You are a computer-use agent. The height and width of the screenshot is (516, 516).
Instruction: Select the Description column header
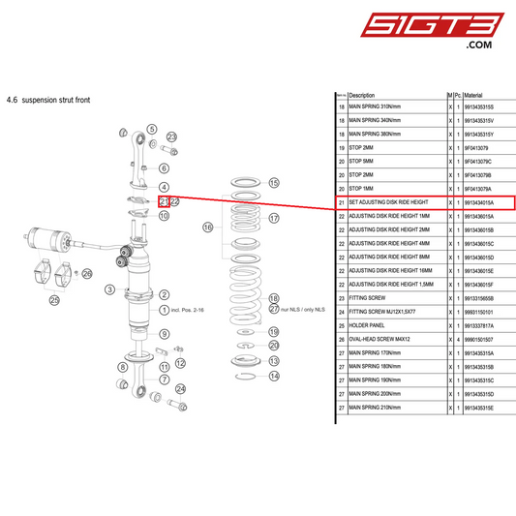361,95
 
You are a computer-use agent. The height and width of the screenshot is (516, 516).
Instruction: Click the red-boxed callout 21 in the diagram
165,201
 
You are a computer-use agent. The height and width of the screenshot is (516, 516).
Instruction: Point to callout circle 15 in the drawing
274,182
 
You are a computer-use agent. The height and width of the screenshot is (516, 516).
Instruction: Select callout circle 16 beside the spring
207,228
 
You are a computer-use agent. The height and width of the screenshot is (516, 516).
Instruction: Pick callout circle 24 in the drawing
180,388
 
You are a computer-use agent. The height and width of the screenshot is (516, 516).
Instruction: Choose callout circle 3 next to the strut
110,288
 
